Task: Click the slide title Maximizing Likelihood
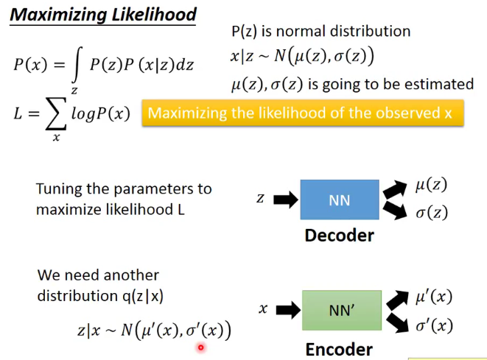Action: coord(104,14)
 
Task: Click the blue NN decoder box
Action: coord(339,200)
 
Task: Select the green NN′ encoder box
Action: coord(342,310)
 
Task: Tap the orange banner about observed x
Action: coord(303,114)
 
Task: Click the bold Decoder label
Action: coord(339,236)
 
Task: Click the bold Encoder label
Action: coord(339,348)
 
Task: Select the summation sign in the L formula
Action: coord(57,114)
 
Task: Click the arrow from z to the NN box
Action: coord(284,199)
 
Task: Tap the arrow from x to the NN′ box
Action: coord(287,310)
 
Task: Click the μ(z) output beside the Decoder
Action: coord(431,186)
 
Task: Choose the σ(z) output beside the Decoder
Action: coord(431,213)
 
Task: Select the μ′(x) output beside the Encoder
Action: coord(433,297)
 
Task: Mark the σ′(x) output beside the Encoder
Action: coord(433,325)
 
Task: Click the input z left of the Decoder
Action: coord(260,199)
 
